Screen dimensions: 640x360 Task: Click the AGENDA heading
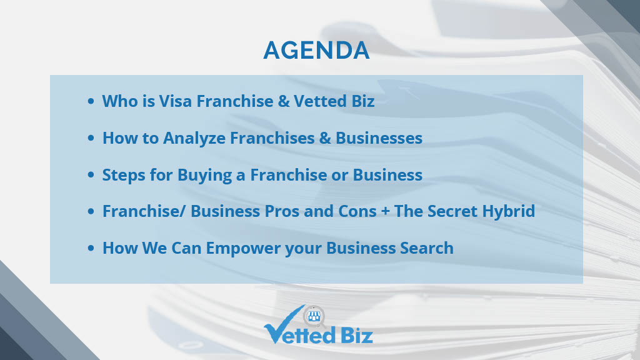click(x=316, y=50)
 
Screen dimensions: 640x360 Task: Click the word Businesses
click(x=379, y=138)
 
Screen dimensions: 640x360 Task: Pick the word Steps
click(x=124, y=175)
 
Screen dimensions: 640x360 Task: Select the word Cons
click(x=357, y=211)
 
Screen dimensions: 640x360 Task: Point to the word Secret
click(x=452, y=211)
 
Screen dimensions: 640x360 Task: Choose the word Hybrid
click(x=509, y=211)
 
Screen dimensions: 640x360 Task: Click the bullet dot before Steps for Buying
click(x=91, y=175)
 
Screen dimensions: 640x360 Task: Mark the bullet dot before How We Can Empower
click(x=91, y=247)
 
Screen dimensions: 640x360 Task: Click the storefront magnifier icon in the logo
click(x=314, y=316)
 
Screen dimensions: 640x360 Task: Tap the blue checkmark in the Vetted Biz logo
click(x=281, y=326)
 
